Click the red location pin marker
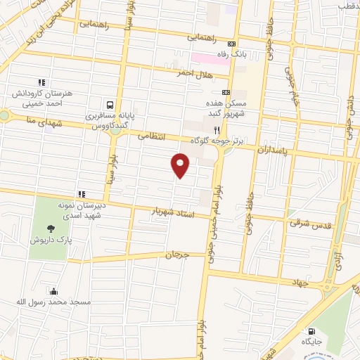[x=181, y=165]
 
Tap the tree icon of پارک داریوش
[x=50, y=228]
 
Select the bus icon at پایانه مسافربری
[x=109, y=103]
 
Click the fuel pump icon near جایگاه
[x=310, y=331]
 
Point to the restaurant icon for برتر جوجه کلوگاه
[x=217, y=130]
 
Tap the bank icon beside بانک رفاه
[x=221, y=46]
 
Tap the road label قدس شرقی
[x=304, y=222]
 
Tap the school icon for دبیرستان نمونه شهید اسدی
[x=82, y=194]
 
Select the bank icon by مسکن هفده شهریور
[x=225, y=92]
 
